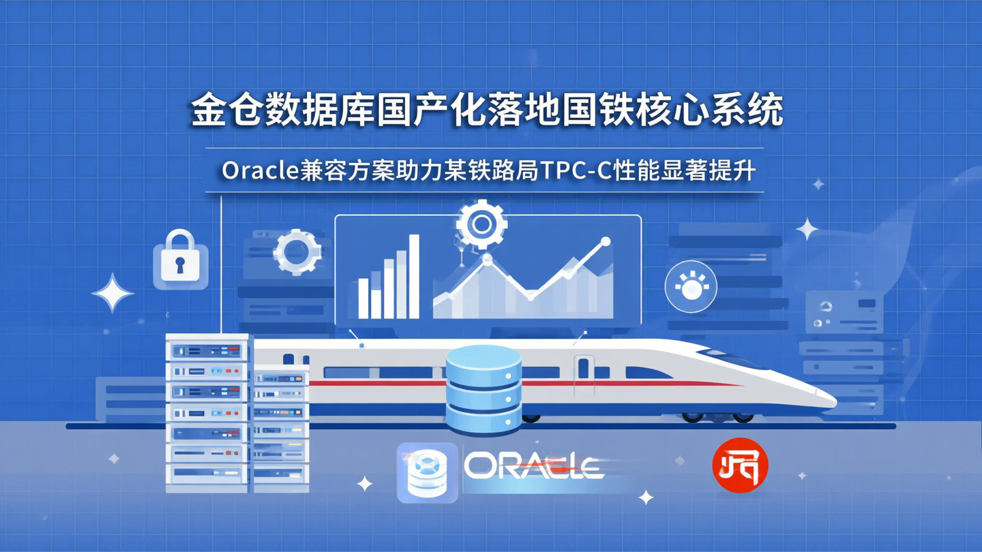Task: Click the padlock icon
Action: click(x=180, y=260)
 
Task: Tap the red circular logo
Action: click(x=740, y=466)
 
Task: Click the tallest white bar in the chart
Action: click(x=413, y=277)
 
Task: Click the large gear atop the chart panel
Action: click(x=481, y=224)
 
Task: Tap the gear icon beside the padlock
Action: click(x=297, y=251)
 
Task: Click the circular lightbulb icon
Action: click(x=691, y=287)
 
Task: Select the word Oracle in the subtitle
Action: click(x=259, y=171)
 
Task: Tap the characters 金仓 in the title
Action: click(x=215, y=111)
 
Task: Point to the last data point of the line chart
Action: click(x=604, y=241)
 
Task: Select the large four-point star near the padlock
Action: click(x=113, y=292)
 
